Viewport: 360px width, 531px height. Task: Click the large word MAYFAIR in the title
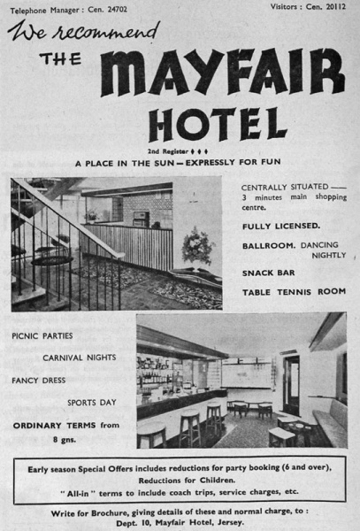coord(221,73)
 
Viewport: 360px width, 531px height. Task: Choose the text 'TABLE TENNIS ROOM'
coord(294,292)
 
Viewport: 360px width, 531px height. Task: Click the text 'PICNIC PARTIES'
coord(42,336)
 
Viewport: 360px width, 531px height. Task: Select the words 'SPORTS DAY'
coord(93,403)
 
